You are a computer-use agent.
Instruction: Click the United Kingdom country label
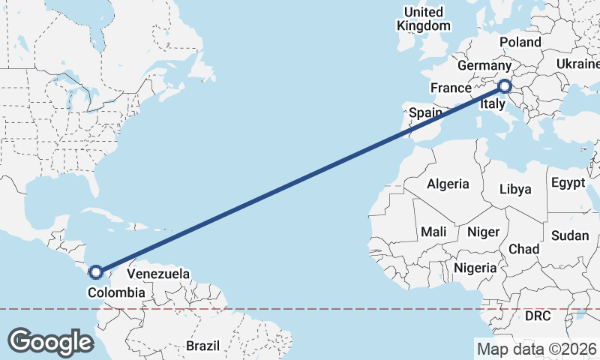(x=424, y=19)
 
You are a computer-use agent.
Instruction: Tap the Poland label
(x=520, y=42)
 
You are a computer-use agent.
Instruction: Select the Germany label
(x=484, y=66)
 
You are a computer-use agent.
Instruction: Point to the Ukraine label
(x=577, y=65)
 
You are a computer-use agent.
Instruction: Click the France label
(x=450, y=88)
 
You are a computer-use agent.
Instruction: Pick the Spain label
(x=425, y=113)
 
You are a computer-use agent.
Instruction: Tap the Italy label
(x=493, y=105)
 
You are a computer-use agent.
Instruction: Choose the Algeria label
(x=448, y=184)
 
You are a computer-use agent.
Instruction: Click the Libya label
(x=515, y=189)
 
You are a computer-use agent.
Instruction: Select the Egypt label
(x=568, y=182)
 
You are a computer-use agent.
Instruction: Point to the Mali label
(x=433, y=232)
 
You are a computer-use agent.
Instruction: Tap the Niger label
(x=483, y=232)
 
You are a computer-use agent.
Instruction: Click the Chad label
(x=523, y=248)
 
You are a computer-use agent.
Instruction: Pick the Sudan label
(x=570, y=235)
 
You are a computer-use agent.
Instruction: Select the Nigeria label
(x=475, y=268)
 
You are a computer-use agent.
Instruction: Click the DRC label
(x=538, y=316)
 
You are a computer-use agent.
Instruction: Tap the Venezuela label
(x=157, y=274)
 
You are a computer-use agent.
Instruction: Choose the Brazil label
(x=202, y=346)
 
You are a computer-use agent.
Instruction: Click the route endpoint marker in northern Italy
(x=504, y=87)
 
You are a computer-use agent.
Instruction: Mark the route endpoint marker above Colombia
(x=96, y=272)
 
